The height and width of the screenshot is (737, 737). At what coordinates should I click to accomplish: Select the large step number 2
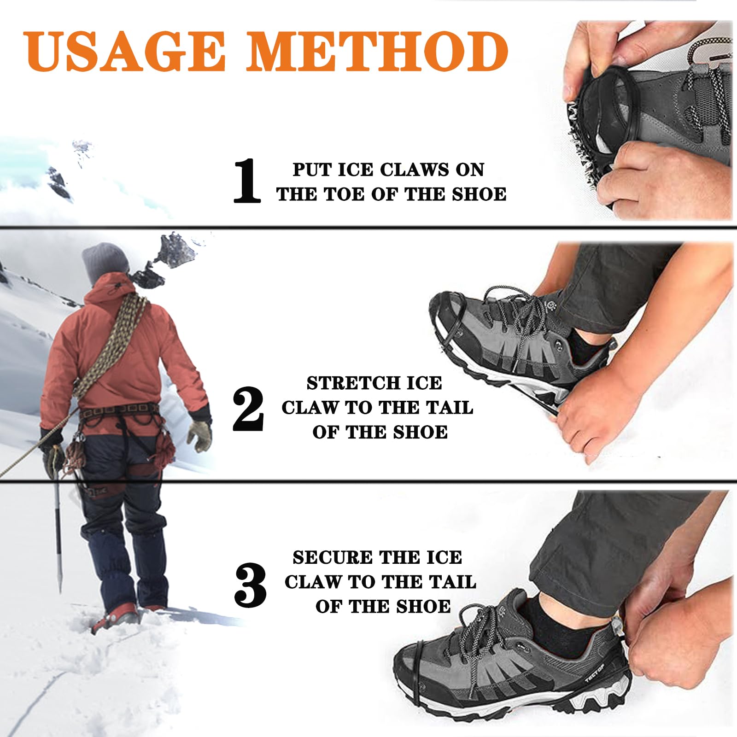click(248, 409)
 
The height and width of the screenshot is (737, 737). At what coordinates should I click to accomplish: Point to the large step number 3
click(250, 585)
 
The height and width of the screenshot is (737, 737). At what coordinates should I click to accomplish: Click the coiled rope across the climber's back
click(111, 345)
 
